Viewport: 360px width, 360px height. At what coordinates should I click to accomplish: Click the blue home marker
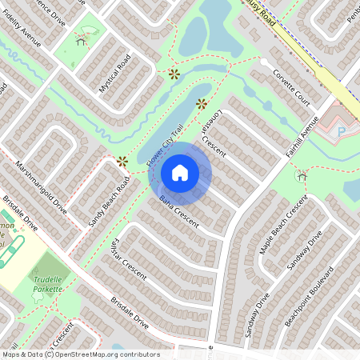tap(180, 173)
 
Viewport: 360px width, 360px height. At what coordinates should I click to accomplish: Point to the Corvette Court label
tap(290, 87)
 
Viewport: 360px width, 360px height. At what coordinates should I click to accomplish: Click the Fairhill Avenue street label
tap(302, 137)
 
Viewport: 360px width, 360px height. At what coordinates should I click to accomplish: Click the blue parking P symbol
tap(342, 131)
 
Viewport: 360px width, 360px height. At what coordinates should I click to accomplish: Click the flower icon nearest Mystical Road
tap(174, 74)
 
